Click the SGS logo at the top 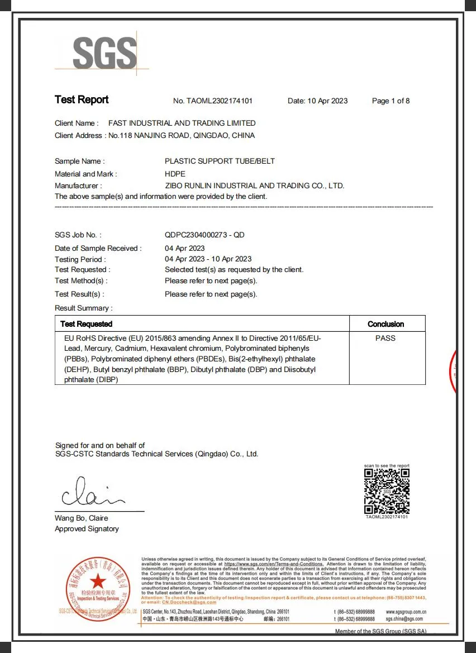[104, 54]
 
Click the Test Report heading [82, 100]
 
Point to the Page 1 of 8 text [391, 101]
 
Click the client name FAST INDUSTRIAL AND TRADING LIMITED [182, 123]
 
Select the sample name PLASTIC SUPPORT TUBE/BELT [220, 161]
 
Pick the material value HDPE [175, 174]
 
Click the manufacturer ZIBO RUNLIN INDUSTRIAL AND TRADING [254, 185]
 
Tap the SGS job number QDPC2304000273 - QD [204, 235]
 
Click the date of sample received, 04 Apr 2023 [185, 248]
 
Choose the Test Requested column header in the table [87, 324]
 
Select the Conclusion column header [385, 324]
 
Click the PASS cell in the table [385, 339]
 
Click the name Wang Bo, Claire [82, 518]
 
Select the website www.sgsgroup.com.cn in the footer [406, 612]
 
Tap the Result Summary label [83, 308]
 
